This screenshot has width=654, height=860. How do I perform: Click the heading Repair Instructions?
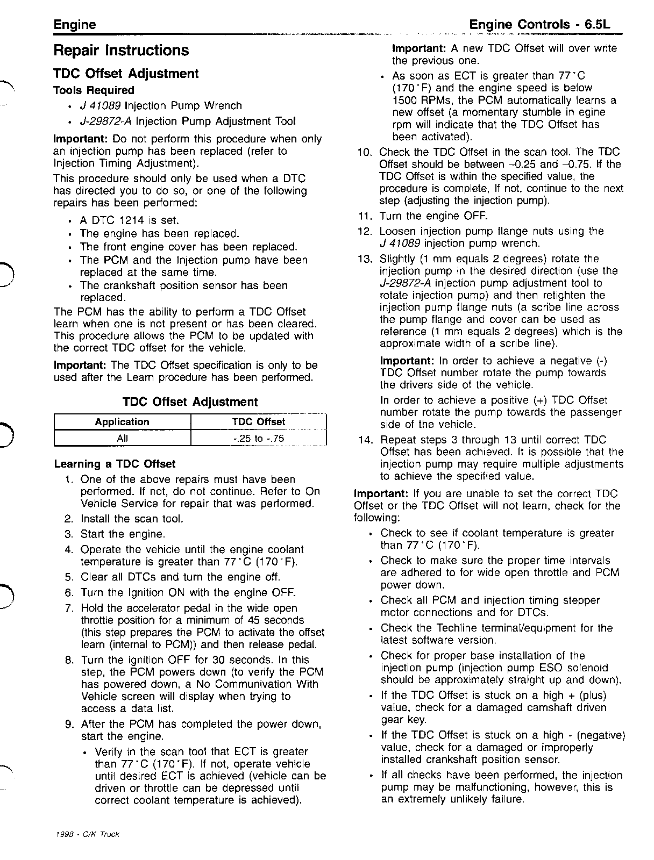[x=121, y=51]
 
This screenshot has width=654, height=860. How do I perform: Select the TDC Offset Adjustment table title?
[x=190, y=402]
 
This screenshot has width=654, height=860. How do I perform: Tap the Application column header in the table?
[x=122, y=422]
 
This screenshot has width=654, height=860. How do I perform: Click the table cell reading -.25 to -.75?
[x=259, y=438]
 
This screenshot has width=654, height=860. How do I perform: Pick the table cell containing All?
[x=122, y=438]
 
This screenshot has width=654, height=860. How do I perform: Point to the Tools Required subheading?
[x=94, y=90]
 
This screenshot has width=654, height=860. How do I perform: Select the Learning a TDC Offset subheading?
[x=115, y=464]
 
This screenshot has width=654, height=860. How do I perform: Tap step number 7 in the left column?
[x=69, y=608]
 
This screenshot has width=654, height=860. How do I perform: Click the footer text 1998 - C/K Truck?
[x=87, y=835]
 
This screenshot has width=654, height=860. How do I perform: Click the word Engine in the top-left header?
[x=75, y=25]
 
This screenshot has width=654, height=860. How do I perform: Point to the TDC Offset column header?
[x=259, y=422]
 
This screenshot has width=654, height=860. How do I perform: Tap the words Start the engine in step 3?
[x=123, y=534]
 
